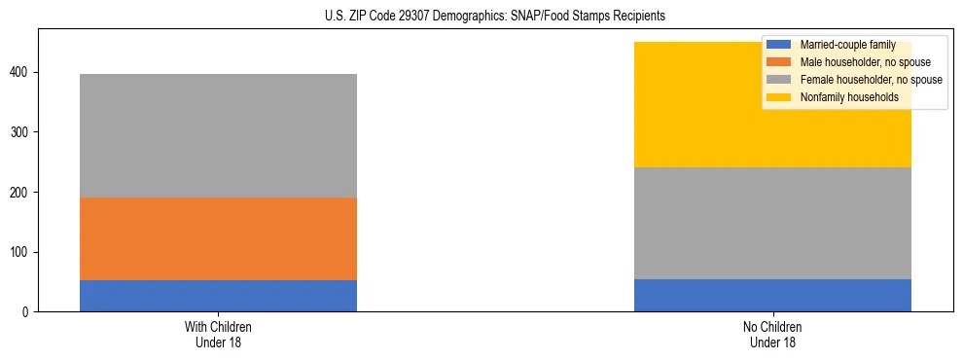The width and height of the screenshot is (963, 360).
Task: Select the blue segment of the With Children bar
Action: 218,296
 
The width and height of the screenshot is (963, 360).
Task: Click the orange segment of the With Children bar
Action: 218,239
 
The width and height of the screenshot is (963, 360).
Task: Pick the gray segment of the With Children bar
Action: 218,136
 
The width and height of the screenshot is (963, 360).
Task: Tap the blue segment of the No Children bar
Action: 772,296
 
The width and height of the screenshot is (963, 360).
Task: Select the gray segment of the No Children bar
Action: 772,224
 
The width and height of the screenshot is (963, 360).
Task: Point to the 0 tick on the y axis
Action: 29,312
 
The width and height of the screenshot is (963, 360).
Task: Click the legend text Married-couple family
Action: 845,45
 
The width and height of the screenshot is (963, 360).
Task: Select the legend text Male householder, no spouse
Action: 859,62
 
